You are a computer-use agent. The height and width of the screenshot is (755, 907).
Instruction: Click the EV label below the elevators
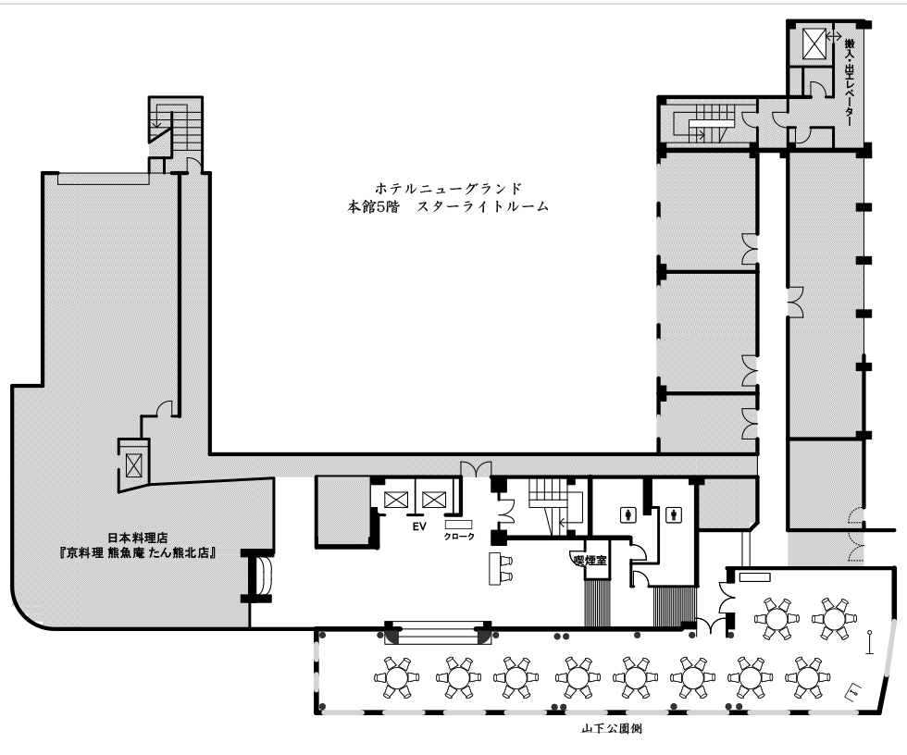point(418,526)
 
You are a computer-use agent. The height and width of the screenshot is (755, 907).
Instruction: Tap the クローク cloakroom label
point(459,536)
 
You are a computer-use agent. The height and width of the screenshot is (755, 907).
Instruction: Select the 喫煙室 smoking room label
point(590,559)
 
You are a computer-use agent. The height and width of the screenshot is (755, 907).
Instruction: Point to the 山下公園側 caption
point(612,728)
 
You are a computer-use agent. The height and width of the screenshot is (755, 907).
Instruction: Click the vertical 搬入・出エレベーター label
point(850,82)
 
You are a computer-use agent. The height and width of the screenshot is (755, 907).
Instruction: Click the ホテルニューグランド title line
point(448,188)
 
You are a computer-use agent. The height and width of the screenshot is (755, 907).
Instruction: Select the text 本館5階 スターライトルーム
point(448,206)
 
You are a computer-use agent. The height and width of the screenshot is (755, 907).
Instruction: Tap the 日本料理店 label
point(138,538)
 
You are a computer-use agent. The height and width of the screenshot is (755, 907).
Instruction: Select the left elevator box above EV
point(396,499)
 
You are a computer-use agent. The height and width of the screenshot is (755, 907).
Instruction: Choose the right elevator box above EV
point(433,499)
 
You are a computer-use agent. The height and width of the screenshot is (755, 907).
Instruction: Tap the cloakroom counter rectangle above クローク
point(459,525)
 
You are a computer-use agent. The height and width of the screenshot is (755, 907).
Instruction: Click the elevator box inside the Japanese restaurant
point(133,465)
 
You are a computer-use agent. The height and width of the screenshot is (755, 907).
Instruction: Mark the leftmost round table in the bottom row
point(396,677)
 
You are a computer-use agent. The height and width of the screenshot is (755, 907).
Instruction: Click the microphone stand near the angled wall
point(869,642)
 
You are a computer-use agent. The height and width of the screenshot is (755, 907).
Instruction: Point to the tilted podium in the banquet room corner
point(854,691)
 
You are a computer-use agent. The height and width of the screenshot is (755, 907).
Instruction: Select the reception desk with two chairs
point(501,568)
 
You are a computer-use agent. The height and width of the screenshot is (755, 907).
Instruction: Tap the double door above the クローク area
point(476,469)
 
